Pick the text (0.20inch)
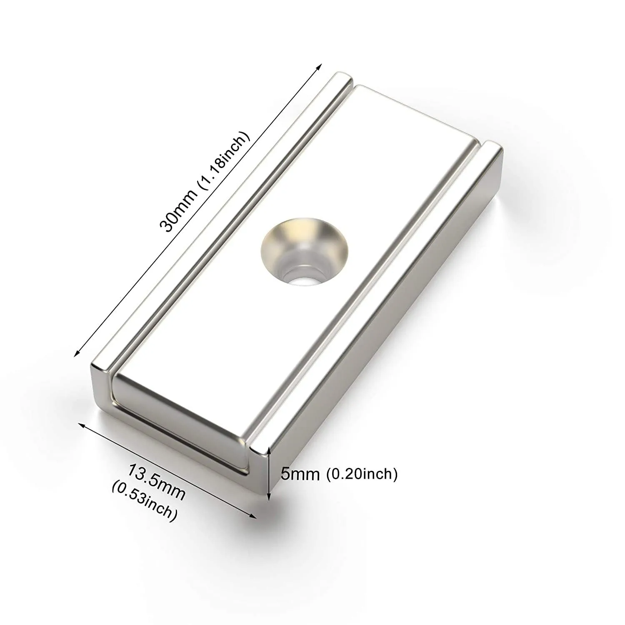361,474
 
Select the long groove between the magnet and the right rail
367,300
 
